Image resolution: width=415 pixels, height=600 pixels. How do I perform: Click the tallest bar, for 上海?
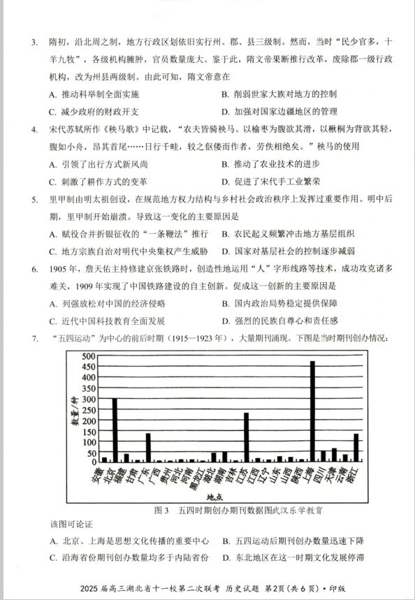(x=312, y=411)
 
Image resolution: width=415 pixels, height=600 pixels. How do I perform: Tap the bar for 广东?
(x=148, y=447)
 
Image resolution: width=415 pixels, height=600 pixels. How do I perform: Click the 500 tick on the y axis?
(x=88, y=356)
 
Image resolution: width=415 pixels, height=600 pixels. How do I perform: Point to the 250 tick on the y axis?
(x=88, y=409)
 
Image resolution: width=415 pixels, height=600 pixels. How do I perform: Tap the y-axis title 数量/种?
(x=72, y=413)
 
